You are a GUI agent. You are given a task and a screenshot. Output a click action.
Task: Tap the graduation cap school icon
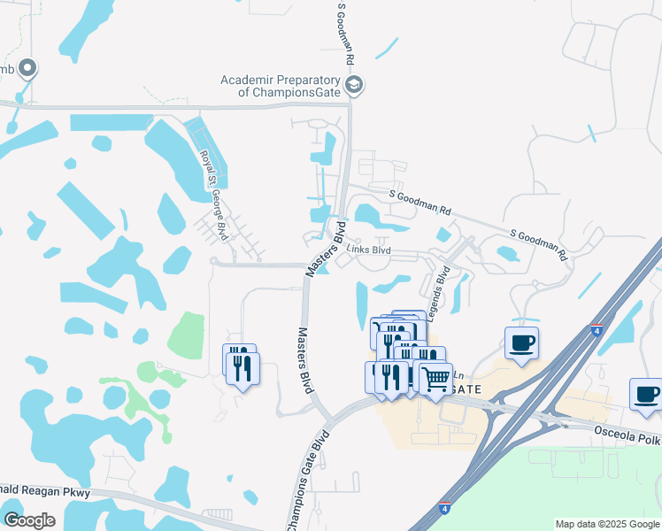click(x=354, y=85)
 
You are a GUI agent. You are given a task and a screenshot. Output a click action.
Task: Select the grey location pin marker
click(x=27, y=67)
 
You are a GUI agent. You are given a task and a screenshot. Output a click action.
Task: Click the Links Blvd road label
click(x=368, y=250)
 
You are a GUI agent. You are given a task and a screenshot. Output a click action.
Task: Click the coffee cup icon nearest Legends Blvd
click(x=521, y=342)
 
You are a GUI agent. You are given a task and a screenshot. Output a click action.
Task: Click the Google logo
click(x=29, y=520)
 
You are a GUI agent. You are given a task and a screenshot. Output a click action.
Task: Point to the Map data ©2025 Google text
click(x=607, y=524)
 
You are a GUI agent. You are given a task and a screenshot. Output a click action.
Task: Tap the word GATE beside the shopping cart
click(x=466, y=389)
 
